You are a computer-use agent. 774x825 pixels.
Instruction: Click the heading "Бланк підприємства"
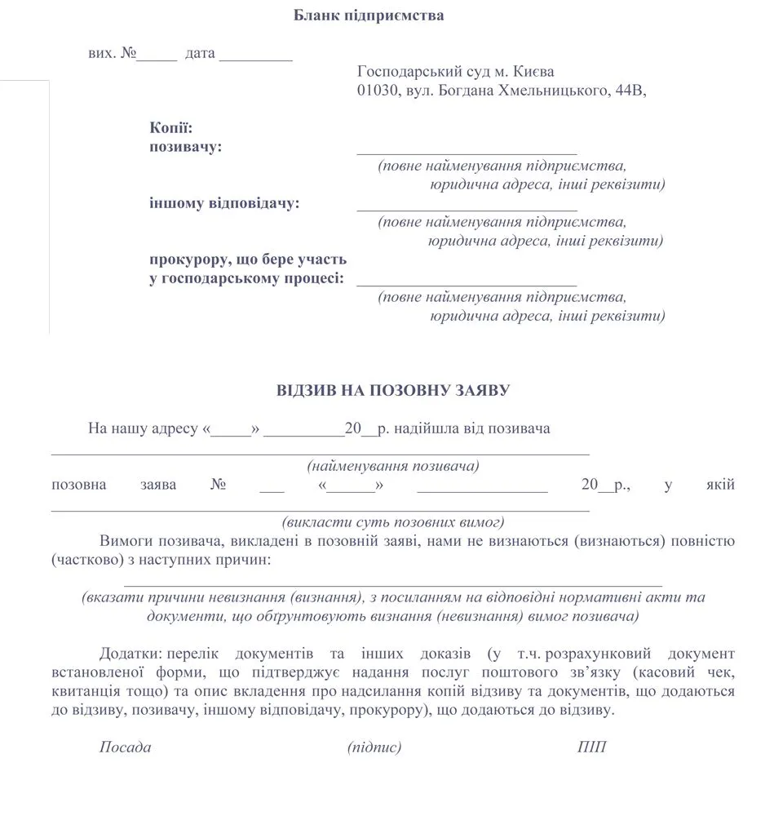click(x=369, y=16)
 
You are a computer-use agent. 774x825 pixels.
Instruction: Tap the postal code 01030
click(x=376, y=91)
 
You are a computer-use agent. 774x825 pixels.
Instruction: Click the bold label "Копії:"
click(x=170, y=127)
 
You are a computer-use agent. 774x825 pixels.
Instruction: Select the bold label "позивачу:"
click(x=185, y=147)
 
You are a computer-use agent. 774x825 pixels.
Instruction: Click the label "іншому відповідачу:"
click(x=224, y=203)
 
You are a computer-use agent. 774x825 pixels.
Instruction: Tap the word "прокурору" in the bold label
click(x=186, y=259)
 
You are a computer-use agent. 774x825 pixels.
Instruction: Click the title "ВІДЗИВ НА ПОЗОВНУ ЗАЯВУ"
click(x=393, y=391)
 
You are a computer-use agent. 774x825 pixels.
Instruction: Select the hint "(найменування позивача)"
click(x=392, y=467)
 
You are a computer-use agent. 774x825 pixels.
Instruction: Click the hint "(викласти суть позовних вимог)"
click(x=392, y=522)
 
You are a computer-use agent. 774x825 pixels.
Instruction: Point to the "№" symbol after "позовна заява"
click(x=218, y=485)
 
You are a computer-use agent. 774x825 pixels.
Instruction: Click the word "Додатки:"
click(x=130, y=654)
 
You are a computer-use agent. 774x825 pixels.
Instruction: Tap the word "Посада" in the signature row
click(x=125, y=747)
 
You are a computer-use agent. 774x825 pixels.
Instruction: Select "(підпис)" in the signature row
click(x=374, y=747)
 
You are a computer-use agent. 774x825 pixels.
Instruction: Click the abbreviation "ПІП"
click(x=591, y=747)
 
